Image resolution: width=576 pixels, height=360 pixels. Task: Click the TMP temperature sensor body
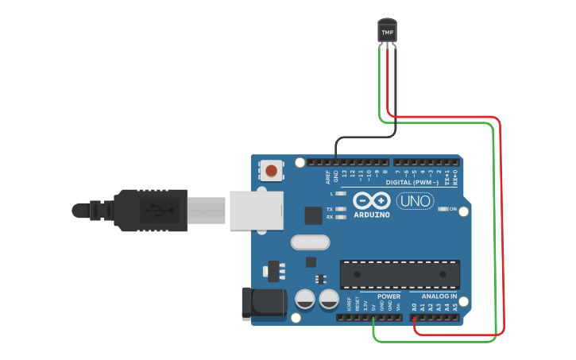pyautogui.click(x=387, y=31)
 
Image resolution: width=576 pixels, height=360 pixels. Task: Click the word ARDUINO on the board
pyautogui.click(x=372, y=215)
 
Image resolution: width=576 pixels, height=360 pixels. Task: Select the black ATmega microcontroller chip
pyautogui.click(x=400, y=274)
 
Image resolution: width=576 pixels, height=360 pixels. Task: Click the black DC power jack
pyautogui.click(x=264, y=303)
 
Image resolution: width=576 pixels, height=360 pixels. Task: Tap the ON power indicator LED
pyautogui.click(x=443, y=209)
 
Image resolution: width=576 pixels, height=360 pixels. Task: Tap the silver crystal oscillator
pyautogui.click(x=309, y=242)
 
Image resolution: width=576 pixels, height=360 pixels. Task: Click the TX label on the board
pyautogui.click(x=330, y=209)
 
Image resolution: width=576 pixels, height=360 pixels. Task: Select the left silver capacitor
pyautogui.click(x=305, y=299)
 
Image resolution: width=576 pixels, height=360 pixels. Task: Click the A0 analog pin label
pyautogui.click(x=414, y=306)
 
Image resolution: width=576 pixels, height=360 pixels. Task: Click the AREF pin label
pyautogui.click(x=327, y=174)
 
